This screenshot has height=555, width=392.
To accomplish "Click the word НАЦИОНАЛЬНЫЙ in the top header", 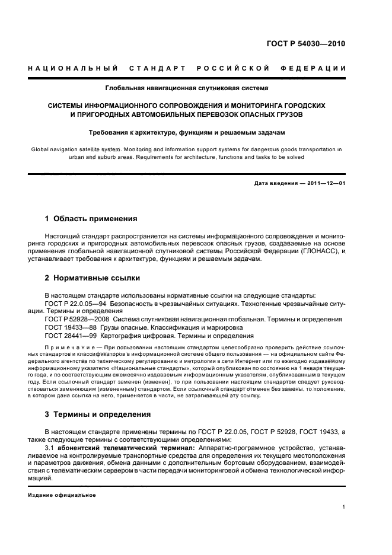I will click(73, 69).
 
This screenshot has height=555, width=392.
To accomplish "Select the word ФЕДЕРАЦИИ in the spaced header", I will click(317, 69).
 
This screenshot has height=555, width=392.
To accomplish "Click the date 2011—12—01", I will click(324, 183).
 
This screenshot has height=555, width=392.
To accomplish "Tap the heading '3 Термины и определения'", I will click(98, 414).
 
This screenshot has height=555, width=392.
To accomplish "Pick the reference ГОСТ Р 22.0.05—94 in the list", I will click(75, 303).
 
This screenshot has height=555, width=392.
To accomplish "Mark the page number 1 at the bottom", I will click(344, 507).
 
